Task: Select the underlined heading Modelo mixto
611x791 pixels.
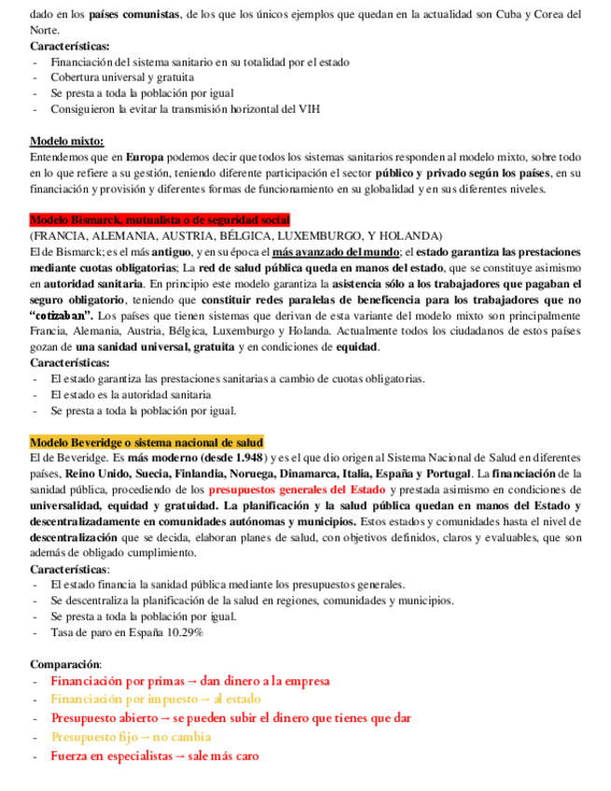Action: click(67, 141)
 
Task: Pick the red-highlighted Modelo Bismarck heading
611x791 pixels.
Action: click(160, 220)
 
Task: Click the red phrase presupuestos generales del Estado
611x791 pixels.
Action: click(297, 489)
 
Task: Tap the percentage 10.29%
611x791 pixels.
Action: click(184, 631)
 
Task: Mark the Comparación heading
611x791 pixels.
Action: click(65, 663)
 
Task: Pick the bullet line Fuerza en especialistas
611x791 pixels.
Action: click(154, 756)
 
